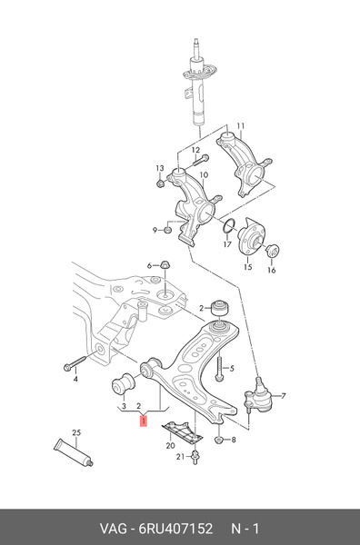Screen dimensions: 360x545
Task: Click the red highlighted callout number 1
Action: click(x=144, y=421)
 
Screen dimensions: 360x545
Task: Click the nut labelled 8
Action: click(x=219, y=440)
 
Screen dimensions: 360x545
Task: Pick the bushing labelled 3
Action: click(x=123, y=385)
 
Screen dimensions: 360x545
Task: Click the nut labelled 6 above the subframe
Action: click(x=165, y=265)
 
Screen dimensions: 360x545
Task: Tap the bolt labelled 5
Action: click(x=219, y=368)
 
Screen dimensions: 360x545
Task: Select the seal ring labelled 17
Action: click(x=229, y=226)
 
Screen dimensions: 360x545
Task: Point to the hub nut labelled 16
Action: click(x=273, y=251)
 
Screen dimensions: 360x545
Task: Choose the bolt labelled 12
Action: click(x=200, y=160)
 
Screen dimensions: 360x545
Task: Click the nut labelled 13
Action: click(x=160, y=183)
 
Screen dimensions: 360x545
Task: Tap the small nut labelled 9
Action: click(x=167, y=230)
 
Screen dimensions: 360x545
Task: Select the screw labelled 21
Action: click(x=195, y=456)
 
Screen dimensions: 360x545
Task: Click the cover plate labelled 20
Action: click(x=182, y=432)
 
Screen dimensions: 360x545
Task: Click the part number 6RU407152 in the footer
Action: click(x=175, y=529)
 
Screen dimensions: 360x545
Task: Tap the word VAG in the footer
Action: click(x=113, y=529)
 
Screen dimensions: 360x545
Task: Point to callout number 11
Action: click(x=241, y=126)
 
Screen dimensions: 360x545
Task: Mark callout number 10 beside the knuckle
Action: click(x=204, y=174)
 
